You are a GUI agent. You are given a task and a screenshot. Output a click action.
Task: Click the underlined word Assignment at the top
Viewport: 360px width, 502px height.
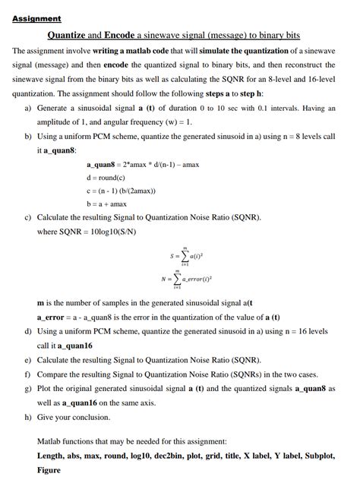click(x=36, y=18)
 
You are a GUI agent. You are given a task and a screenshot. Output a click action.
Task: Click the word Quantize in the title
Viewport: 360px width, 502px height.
click(x=69, y=35)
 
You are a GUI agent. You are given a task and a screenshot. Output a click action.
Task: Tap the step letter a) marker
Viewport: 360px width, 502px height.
click(x=28, y=109)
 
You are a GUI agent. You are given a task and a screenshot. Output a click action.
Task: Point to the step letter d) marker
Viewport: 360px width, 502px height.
click(x=28, y=332)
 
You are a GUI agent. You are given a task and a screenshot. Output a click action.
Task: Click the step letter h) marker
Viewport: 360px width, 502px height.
click(x=28, y=417)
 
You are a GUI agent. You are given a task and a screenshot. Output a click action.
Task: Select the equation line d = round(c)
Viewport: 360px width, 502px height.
click(x=109, y=177)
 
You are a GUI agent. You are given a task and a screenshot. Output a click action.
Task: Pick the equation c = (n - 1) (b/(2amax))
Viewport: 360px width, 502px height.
click(x=129, y=190)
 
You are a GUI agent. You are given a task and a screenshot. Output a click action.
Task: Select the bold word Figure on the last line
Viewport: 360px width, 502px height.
click(x=49, y=470)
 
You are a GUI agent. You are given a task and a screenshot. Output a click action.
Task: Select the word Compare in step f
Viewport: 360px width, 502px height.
click(x=55, y=374)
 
